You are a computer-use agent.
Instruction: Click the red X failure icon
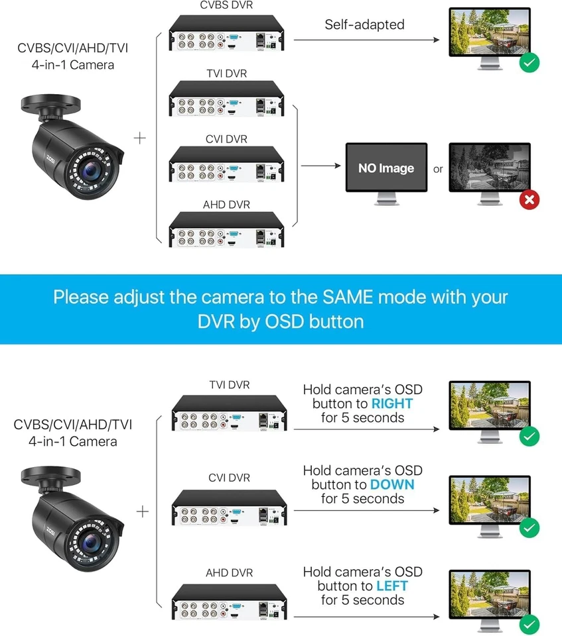[529, 199]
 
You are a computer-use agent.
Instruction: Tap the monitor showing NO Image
[386, 168]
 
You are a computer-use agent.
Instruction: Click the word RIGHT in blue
[391, 403]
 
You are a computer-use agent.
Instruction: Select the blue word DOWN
[391, 484]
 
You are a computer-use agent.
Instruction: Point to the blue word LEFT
[391, 586]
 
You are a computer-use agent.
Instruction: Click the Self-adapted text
[364, 25]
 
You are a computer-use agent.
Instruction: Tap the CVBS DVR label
[226, 6]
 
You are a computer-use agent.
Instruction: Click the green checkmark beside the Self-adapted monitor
[529, 63]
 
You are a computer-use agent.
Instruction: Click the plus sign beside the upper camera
[140, 138]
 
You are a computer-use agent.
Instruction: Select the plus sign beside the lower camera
[142, 511]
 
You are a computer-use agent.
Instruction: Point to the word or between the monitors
[438, 169]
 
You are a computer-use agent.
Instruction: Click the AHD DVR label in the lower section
[230, 572]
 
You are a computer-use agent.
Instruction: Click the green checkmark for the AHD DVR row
[529, 623]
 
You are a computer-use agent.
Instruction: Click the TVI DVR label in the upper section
[226, 74]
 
